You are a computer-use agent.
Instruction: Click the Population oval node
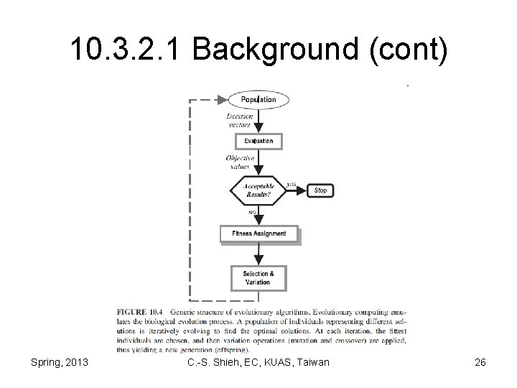[x=258, y=100]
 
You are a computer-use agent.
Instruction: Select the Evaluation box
[x=258, y=141]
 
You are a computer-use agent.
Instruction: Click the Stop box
[x=320, y=190]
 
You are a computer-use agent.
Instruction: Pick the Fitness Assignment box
[x=258, y=234]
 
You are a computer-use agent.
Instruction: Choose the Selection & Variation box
[x=258, y=277]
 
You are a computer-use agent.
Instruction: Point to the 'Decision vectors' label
[x=239, y=120]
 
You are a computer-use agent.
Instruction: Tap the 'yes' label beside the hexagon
[x=292, y=184]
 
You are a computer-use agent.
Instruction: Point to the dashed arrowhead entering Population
[x=220, y=100]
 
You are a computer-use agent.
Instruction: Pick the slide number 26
[x=480, y=362]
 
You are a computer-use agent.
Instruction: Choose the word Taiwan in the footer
[x=310, y=362]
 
